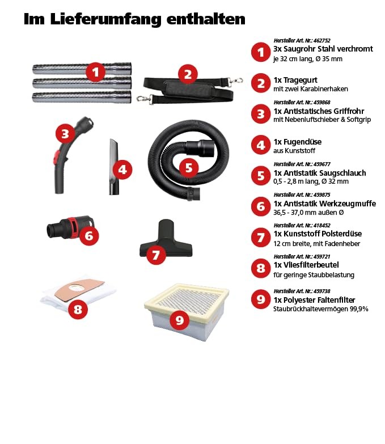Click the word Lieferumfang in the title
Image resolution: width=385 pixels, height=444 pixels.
105,19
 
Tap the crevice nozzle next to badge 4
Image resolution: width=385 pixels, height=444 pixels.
114,167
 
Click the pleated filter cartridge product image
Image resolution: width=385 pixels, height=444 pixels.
187,312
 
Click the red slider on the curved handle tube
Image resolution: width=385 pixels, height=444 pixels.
57,155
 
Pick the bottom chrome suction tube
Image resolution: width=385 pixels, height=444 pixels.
82,97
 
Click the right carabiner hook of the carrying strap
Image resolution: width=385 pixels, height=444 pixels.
236,81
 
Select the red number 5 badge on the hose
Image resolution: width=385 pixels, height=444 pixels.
189,168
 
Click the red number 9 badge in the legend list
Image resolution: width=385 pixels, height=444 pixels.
261,299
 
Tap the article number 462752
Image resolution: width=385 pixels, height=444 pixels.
322,40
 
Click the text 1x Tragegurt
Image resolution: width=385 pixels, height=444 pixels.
295,80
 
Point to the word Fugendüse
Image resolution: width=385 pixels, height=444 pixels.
302,142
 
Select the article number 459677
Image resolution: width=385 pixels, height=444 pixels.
322,164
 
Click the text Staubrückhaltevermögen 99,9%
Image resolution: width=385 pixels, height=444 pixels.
321,309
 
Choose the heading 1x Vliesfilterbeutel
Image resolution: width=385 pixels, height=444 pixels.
306,265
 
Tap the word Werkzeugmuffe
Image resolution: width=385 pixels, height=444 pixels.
351,204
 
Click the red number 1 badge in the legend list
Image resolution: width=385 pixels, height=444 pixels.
261,52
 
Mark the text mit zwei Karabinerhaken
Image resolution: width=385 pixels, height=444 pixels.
311,89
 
